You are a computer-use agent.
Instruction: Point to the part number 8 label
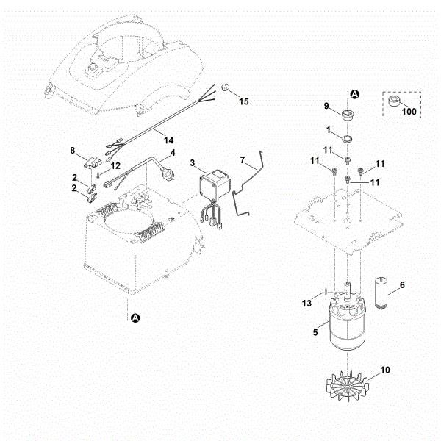point(73,150)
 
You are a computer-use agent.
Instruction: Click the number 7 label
point(243,159)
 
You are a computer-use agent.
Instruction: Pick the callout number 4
point(173,154)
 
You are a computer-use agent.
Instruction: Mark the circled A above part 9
point(354,94)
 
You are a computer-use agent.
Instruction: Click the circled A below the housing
point(135,318)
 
